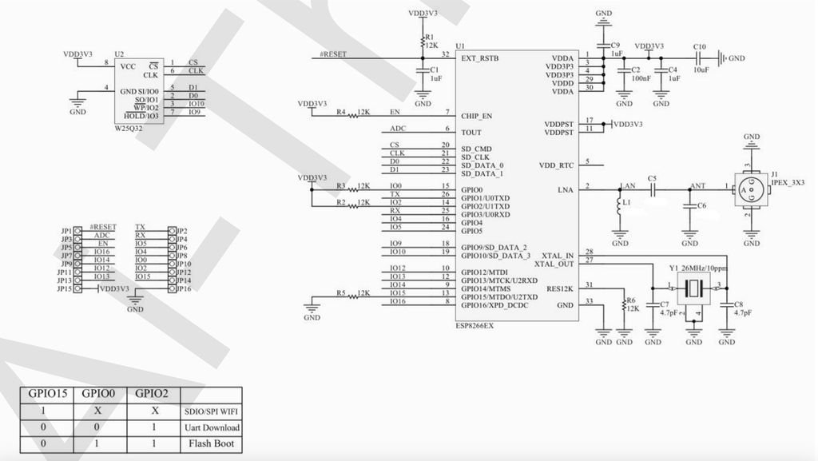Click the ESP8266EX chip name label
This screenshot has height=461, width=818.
click(x=474, y=326)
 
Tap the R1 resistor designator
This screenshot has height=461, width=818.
click(x=429, y=37)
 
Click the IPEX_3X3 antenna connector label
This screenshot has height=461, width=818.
click(x=788, y=182)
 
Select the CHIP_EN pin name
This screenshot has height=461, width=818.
click(x=476, y=116)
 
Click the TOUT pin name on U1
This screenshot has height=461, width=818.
click(x=471, y=133)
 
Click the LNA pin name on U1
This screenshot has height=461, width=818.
click(x=565, y=189)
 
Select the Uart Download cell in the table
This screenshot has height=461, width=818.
click(x=212, y=427)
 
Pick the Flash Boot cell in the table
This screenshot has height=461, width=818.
click(x=212, y=443)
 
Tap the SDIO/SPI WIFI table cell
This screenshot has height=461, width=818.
click(x=212, y=411)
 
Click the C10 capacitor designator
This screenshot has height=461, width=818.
click(x=700, y=47)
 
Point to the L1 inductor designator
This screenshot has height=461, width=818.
click(x=627, y=203)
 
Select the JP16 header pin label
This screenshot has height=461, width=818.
click(x=183, y=288)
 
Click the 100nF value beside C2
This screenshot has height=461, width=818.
click(x=640, y=79)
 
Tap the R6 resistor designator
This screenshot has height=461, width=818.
click(x=631, y=300)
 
